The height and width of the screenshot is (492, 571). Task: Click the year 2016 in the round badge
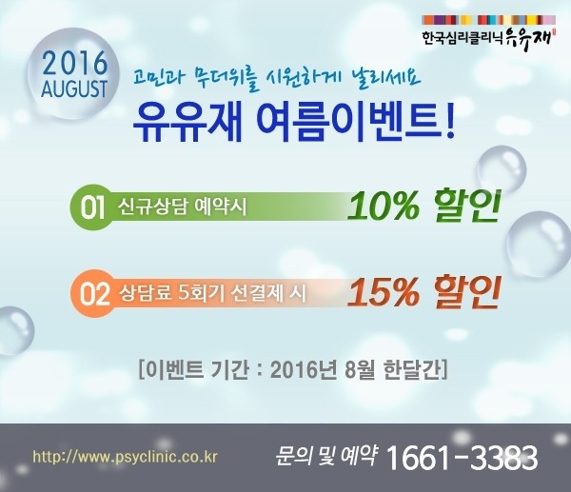click(x=75, y=62)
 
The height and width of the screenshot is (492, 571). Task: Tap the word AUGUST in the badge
click(x=74, y=89)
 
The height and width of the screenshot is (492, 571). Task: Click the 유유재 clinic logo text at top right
click(x=487, y=38)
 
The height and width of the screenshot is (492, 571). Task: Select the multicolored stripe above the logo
click(x=489, y=20)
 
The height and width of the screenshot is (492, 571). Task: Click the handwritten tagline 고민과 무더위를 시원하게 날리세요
click(x=277, y=78)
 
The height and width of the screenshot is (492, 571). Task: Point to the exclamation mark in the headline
click(x=450, y=121)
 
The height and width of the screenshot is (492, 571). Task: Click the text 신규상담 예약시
click(x=182, y=207)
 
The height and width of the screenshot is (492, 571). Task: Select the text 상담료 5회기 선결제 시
click(x=212, y=293)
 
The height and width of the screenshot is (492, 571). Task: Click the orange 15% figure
click(x=384, y=292)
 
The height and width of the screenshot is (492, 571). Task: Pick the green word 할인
click(x=466, y=206)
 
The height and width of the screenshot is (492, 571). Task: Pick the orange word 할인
click(x=466, y=292)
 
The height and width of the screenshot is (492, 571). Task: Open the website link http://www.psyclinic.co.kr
click(x=125, y=457)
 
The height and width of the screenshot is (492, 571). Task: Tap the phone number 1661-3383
click(x=462, y=458)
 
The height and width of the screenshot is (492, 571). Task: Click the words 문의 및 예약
click(x=325, y=456)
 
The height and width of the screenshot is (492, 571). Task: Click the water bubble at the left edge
click(x=14, y=330)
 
